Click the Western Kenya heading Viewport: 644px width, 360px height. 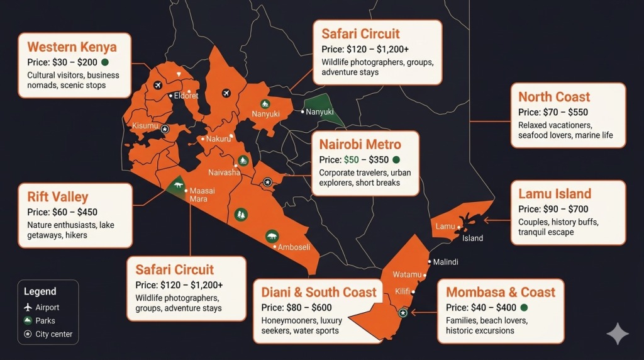72,47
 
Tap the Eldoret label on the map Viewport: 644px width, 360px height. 186,96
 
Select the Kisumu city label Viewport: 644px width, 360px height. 145,126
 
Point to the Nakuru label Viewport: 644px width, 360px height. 218,138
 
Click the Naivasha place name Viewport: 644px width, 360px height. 224,172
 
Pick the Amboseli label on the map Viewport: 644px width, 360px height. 294,247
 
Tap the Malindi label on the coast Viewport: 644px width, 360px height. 446,262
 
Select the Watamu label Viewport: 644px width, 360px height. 407,274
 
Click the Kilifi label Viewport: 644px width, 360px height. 402,291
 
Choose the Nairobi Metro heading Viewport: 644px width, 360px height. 360,145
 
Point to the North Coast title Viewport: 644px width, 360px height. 554,97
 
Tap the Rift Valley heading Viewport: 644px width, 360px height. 58,197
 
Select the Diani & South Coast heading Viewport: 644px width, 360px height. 319,292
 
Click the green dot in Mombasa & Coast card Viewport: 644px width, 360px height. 524,308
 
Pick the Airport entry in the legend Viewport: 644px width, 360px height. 47,308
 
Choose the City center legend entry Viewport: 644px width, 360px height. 53,334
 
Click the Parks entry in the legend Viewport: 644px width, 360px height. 45,321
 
